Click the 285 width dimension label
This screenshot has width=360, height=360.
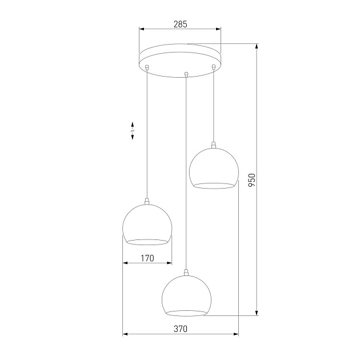click(180, 25)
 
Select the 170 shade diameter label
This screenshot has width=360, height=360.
click(147, 258)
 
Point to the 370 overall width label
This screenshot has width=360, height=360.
click(181, 329)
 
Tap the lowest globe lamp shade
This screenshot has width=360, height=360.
click(186, 294)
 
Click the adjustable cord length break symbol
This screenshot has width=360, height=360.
click(133, 131)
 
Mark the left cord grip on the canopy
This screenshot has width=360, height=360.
click(147, 68)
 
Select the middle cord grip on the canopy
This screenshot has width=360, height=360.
click(186, 73)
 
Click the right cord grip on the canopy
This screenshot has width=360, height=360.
click(213, 68)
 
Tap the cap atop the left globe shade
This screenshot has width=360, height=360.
click(147, 201)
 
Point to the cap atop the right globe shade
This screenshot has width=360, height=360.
click(213, 145)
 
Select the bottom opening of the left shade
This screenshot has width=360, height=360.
click(147, 241)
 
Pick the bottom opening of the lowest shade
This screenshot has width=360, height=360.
click(186, 313)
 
